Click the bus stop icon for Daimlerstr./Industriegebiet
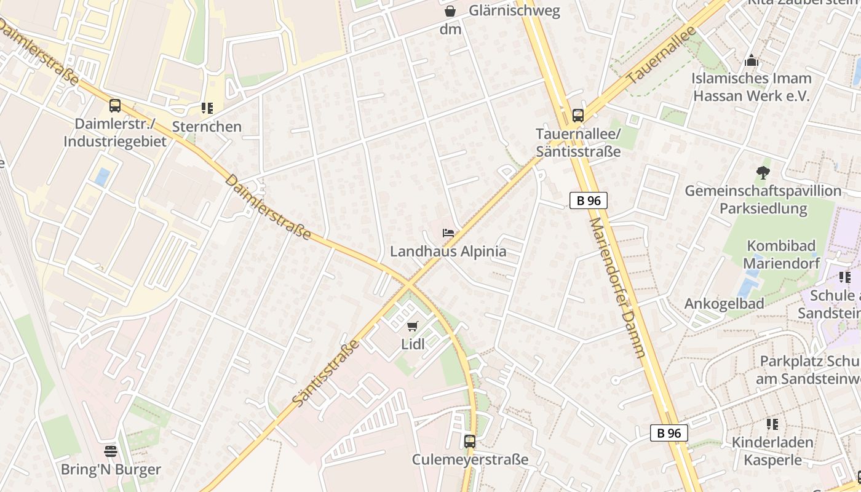tap(115, 105)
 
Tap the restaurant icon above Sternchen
tap(207, 108)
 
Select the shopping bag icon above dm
tap(450, 11)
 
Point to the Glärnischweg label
tap(514, 10)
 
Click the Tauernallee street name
tap(661, 55)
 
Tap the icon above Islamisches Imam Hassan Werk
tap(751, 61)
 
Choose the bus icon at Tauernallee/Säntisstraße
tap(577, 115)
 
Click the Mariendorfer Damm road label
tap(618, 287)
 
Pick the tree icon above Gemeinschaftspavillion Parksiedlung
tap(763, 172)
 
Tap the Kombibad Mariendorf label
tap(781, 255)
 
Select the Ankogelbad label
tap(724, 304)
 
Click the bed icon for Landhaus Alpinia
tap(448, 233)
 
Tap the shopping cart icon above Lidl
tap(412, 326)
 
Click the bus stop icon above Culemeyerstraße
tap(470, 441)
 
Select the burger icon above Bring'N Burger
tap(111, 451)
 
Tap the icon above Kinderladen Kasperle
tap(772, 424)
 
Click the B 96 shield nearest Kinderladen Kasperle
tap(669, 433)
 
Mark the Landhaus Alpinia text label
tap(448, 252)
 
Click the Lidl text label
tap(413, 344)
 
